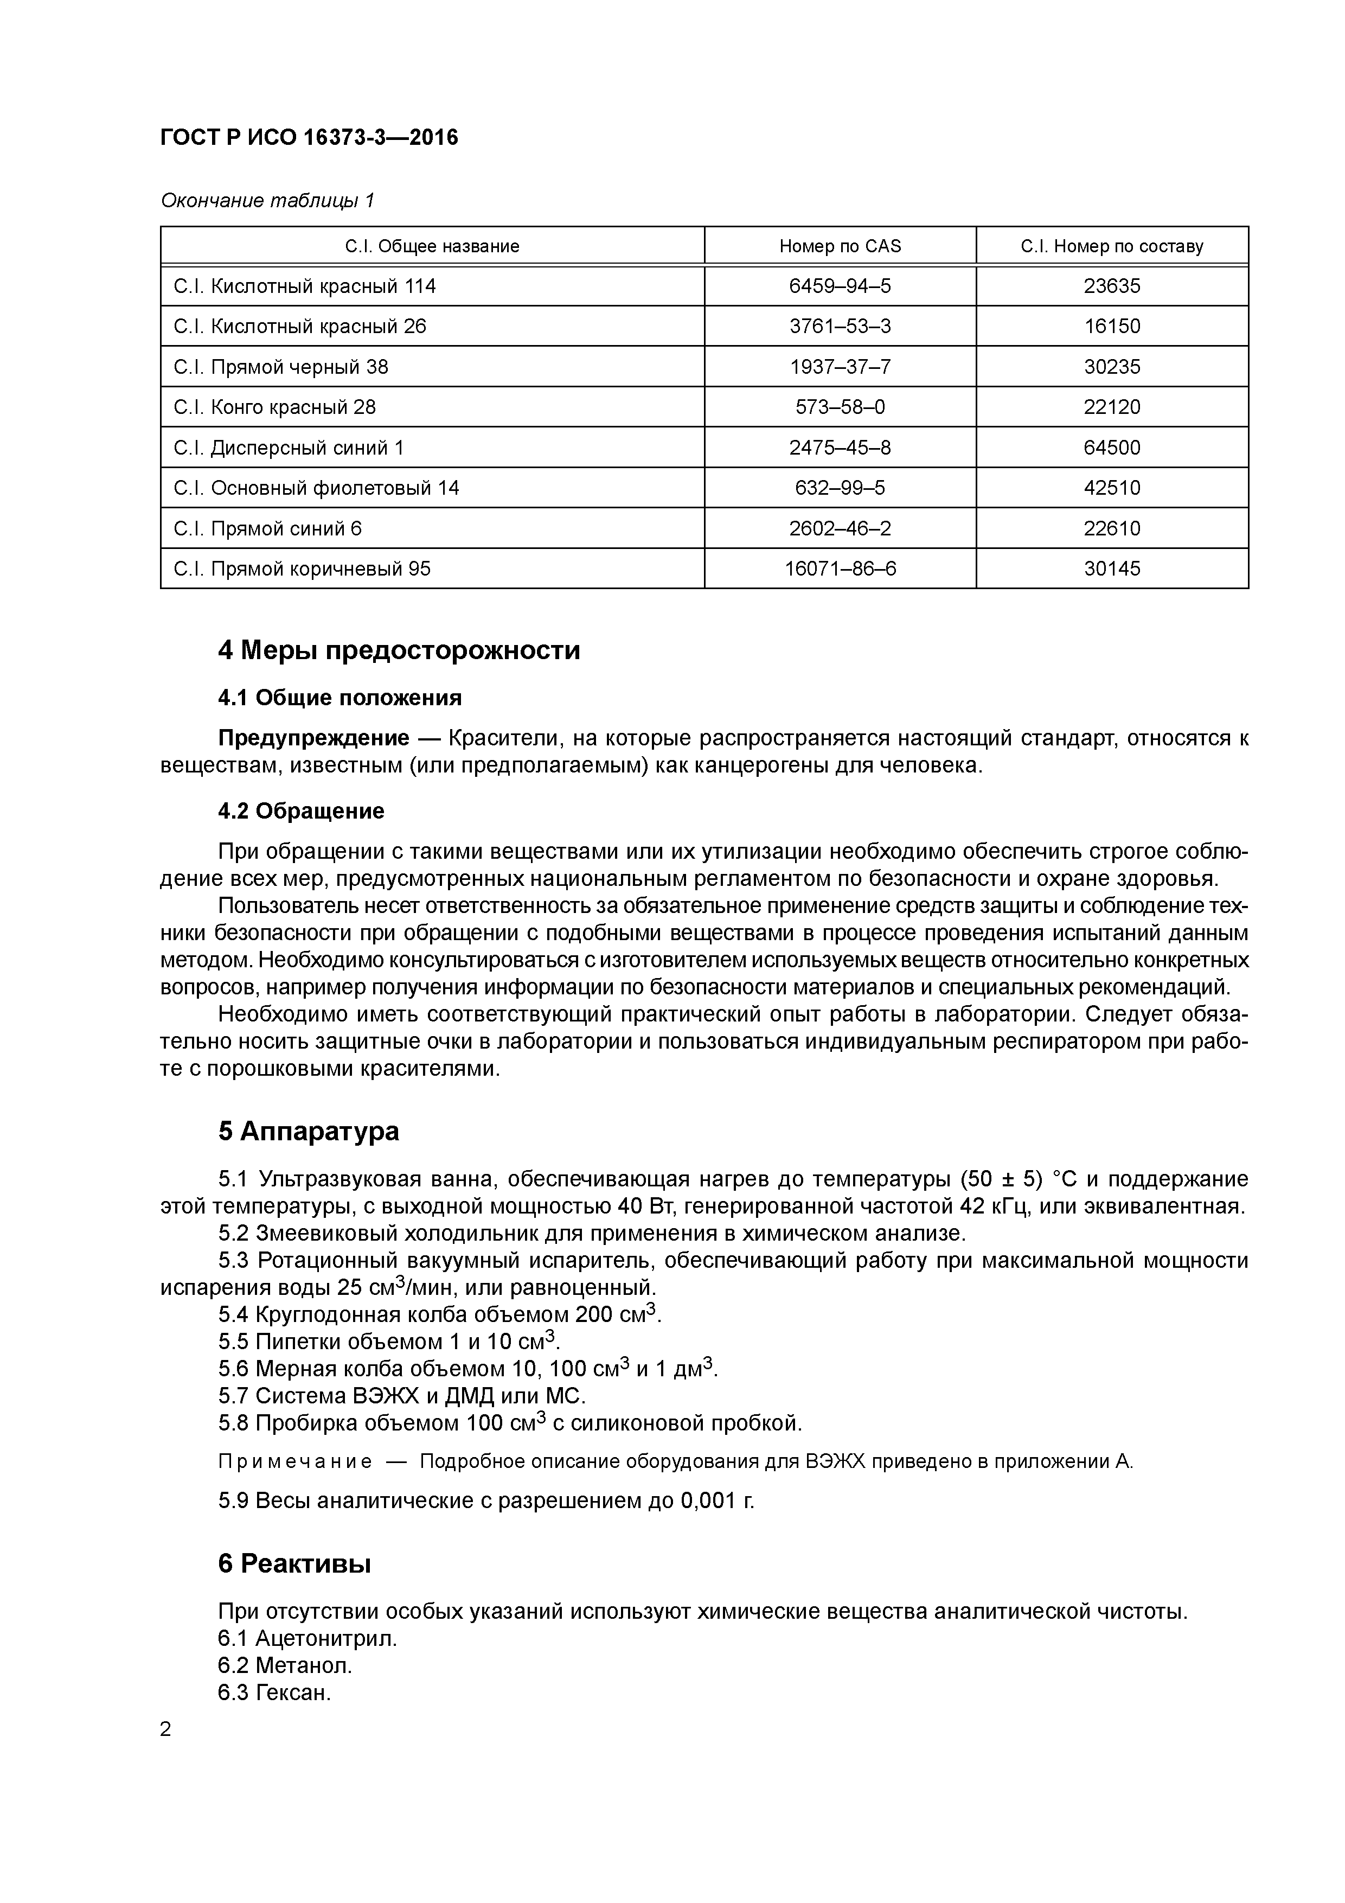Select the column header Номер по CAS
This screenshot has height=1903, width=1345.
click(840, 246)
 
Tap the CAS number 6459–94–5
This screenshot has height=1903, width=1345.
click(840, 286)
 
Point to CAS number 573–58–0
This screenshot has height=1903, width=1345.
click(840, 407)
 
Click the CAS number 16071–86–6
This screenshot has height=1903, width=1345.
click(840, 569)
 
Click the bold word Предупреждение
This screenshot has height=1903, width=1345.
click(313, 738)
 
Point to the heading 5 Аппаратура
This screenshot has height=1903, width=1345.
click(308, 1132)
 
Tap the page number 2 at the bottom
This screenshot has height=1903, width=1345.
click(166, 1730)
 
